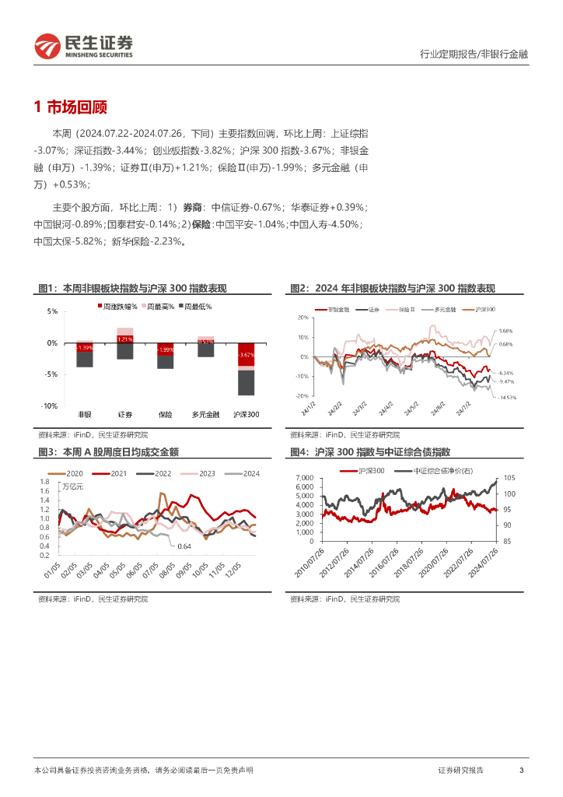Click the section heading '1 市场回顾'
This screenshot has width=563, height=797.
(x=71, y=107)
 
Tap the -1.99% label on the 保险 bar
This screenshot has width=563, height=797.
(x=165, y=349)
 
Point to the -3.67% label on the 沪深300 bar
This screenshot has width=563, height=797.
(x=246, y=355)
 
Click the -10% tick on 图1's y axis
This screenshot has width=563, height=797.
(x=48, y=406)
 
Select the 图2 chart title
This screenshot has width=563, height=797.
(x=393, y=289)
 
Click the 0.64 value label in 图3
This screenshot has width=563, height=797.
(x=184, y=546)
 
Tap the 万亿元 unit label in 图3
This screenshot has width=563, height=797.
(x=72, y=487)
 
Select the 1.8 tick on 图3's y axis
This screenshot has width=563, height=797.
(x=44, y=482)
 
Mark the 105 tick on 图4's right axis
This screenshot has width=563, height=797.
(x=509, y=478)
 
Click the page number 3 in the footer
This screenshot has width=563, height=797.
(x=521, y=770)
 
